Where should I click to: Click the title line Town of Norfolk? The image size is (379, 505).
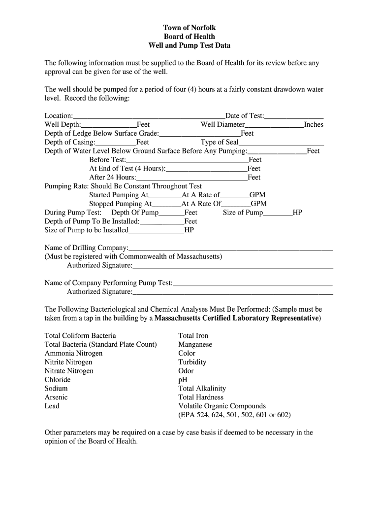(x=189, y=28)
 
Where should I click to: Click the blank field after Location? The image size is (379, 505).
(x=149, y=116)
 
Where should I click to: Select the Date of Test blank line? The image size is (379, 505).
(x=294, y=116)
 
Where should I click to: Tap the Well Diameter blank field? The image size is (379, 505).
(x=274, y=125)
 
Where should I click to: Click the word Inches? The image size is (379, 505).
(x=314, y=125)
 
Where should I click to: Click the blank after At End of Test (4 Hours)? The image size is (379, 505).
(x=207, y=169)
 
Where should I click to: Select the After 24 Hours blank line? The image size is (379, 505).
(x=192, y=178)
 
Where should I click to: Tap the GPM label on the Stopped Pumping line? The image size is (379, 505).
(x=259, y=204)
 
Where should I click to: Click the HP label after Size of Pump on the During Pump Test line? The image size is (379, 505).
(x=297, y=213)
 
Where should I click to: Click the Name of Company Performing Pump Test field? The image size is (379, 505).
(x=253, y=284)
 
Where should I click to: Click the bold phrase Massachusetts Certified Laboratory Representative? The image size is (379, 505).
(x=237, y=318)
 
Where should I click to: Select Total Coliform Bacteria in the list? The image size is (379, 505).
(x=80, y=336)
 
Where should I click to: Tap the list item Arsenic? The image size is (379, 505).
(x=56, y=397)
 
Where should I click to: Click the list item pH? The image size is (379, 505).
(x=183, y=380)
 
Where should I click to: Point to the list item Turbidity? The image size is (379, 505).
(x=192, y=362)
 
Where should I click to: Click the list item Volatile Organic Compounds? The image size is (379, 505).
(x=222, y=406)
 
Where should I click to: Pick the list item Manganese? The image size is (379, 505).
(x=195, y=344)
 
